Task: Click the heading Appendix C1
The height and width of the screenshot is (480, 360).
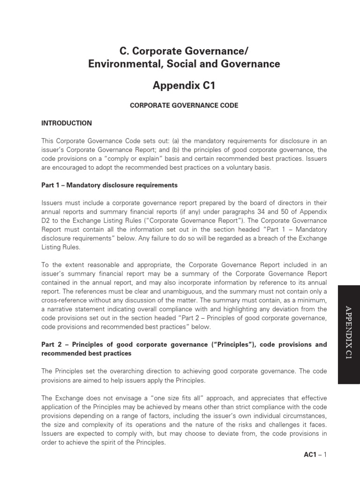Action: tap(184, 86)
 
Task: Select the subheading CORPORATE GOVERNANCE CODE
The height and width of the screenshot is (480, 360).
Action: tap(184, 105)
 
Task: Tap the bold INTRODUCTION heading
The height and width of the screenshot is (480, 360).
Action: tap(67, 123)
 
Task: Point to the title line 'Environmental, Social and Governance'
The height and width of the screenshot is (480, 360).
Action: tap(184, 64)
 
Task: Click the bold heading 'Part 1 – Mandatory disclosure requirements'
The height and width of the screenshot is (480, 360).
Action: tap(109, 185)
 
